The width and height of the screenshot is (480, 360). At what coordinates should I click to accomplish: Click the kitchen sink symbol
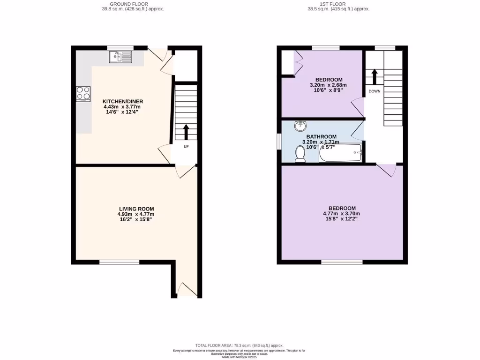121,57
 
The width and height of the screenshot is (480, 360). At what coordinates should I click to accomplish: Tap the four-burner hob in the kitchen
83,94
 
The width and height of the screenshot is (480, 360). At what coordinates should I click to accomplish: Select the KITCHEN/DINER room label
123,101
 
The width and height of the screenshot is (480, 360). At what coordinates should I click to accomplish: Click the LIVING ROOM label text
136,209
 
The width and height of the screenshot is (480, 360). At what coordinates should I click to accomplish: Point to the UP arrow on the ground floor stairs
186,132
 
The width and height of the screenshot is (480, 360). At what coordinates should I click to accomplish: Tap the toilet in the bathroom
300,154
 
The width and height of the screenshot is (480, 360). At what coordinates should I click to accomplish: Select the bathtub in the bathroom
340,153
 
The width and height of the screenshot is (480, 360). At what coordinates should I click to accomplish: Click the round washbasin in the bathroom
300,126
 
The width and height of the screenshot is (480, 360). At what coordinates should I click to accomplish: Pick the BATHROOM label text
321,137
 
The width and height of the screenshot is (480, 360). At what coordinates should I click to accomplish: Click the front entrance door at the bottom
187,290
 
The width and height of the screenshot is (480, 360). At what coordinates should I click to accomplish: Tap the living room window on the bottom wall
120,262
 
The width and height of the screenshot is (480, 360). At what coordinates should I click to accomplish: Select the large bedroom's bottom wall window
342,262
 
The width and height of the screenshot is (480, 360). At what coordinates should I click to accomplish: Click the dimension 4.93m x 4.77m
135,214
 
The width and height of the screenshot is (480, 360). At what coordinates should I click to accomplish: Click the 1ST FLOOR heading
333,4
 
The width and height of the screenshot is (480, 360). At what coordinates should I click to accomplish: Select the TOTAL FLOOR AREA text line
240,345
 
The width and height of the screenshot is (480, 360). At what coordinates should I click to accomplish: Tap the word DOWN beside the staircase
374,91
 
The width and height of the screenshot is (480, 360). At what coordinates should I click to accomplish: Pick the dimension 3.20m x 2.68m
328,85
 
